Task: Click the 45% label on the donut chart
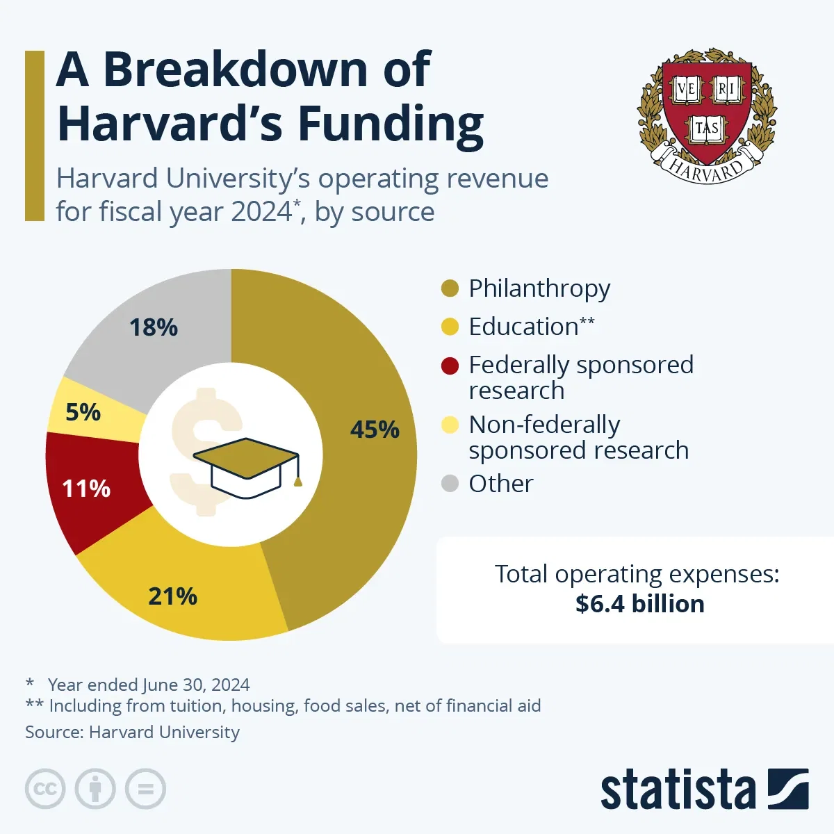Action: pyautogui.click(x=375, y=430)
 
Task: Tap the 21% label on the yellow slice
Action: pyautogui.click(x=172, y=596)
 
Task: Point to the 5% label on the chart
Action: pyautogui.click(x=83, y=412)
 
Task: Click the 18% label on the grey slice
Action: pyautogui.click(x=154, y=327)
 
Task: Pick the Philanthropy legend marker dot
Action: pyautogui.click(x=450, y=288)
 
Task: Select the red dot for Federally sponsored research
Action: pyautogui.click(x=450, y=366)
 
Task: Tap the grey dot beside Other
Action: pyautogui.click(x=450, y=483)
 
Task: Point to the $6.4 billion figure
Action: pyautogui.click(x=639, y=603)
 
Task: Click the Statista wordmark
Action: pyautogui.click(x=678, y=790)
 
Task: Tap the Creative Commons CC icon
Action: pyautogui.click(x=45, y=789)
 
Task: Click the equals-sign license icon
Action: pyautogui.click(x=145, y=789)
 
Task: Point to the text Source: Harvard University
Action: pyautogui.click(x=132, y=732)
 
